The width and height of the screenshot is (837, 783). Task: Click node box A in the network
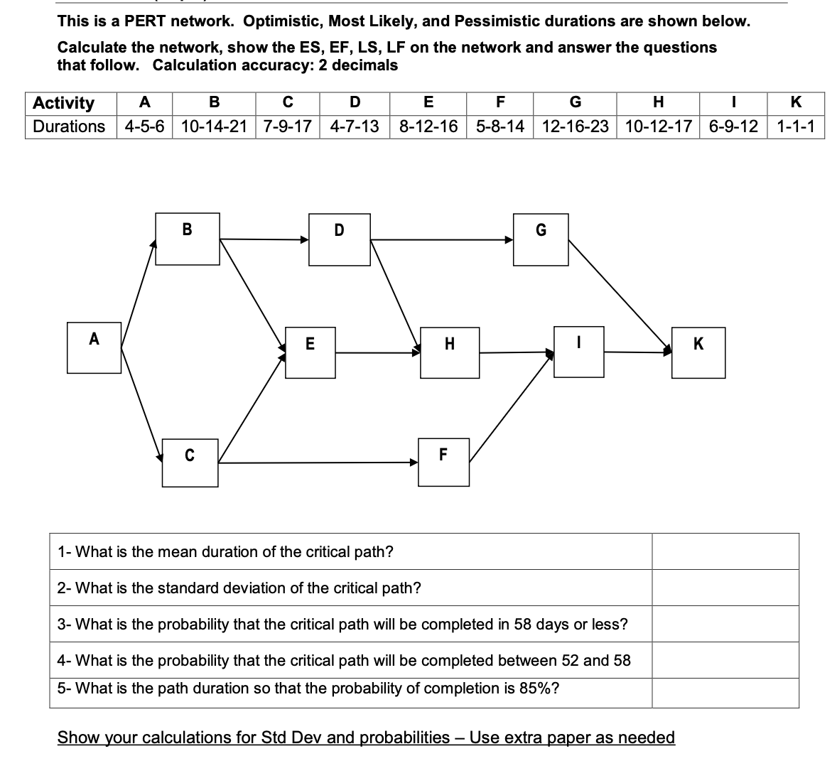tap(94, 347)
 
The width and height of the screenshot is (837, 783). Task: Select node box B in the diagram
tap(188, 239)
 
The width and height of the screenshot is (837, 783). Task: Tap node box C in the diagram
tap(190, 462)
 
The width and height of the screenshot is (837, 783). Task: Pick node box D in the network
tap(339, 241)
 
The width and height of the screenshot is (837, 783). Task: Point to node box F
tap(443, 462)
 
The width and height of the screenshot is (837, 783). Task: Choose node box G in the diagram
tap(541, 240)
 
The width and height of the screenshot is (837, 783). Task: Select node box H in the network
tap(450, 352)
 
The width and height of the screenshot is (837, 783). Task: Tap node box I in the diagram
tap(579, 351)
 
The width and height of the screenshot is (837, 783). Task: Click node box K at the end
tap(699, 352)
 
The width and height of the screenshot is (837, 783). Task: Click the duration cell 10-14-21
tap(214, 127)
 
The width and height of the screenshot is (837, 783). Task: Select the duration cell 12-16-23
tap(575, 127)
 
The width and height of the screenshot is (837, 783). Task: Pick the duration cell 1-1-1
tap(796, 127)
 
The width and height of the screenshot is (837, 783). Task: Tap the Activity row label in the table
tap(64, 103)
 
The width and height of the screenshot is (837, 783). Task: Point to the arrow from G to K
tap(618, 294)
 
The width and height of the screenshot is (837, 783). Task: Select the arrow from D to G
tap(441, 240)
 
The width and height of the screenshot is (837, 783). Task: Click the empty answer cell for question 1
tap(725, 551)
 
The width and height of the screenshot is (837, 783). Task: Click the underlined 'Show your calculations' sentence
tap(366, 738)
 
